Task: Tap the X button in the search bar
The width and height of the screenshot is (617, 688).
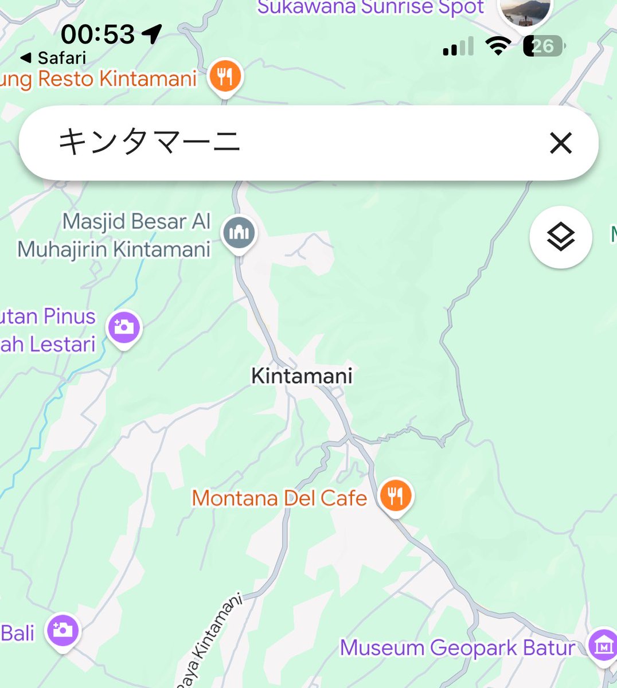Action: pyautogui.click(x=560, y=143)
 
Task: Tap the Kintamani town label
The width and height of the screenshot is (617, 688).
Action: pyautogui.click(x=302, y=376)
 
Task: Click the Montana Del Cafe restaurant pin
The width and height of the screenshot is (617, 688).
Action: pyautogui.click(x=395, y=495)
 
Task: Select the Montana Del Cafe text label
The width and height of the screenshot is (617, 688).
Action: pyautogui.click(x=279, y=498)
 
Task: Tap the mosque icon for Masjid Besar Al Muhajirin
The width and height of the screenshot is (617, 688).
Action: pyautogui.click(x=239, y=232)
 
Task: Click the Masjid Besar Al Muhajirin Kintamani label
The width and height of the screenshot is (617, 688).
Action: pyautogui.click(x=115, y=236)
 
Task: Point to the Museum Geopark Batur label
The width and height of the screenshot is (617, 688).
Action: pyautogui.click(x=457, y=648)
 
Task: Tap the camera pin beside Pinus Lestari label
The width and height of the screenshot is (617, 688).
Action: pyautogui.click(x=124, y=328)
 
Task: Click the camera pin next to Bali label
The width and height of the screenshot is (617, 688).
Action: pyautogui.click(x=63, y=631)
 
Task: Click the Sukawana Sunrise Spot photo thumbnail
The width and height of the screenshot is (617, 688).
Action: pyautogui.click(x=525, y=10)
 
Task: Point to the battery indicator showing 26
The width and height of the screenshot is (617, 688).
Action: pyautogui.click(x=543, y=46)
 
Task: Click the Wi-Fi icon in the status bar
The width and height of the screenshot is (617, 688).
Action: pyautogui.click(x=498, y=45)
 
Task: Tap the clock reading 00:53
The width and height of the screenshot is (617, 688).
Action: pyautogui.click(x=98, y=34)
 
